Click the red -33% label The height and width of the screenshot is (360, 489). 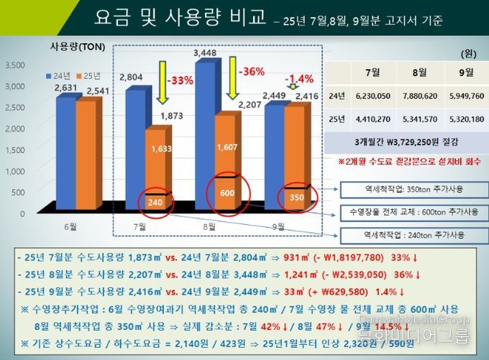coord(179,80)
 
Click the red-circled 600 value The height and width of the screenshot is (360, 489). coord(227,193)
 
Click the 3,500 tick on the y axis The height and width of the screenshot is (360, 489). coord(15,65)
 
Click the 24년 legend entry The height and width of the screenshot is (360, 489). coord(59,75)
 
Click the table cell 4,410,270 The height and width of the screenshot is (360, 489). coord(373,119)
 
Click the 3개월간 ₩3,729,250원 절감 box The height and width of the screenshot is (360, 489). coord(407,141)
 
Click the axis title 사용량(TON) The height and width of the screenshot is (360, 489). coord(77,47)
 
